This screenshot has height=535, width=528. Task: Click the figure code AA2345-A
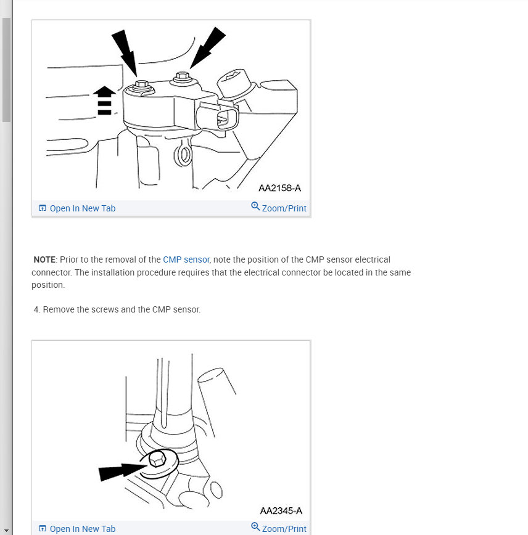coord(281,510)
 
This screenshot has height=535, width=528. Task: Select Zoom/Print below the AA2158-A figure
coord(284,208)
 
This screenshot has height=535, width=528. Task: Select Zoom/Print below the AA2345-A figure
coord(284,529)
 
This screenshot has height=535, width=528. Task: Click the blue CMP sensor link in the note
coord(186,259)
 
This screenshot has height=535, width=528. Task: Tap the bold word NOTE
coord(44,259)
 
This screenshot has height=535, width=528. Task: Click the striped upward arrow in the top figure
coord(104,100)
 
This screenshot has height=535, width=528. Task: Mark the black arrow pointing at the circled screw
coord(122,472)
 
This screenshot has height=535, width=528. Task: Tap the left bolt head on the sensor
coord(141,85)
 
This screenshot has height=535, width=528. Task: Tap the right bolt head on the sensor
coord(181,78)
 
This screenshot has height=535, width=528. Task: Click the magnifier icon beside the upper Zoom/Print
coord(255,206)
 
